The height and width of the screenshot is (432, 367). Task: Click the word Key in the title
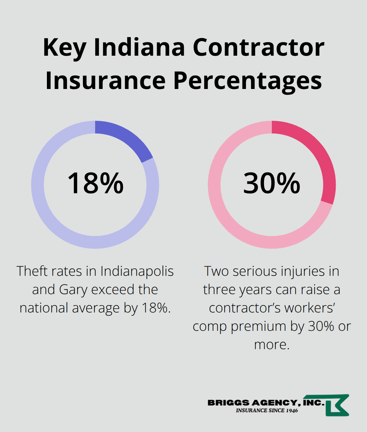click(x=64, y=48)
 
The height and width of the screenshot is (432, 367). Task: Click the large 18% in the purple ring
click(x=95, y=183)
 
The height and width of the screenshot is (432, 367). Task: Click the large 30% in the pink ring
click(x=272, y=183)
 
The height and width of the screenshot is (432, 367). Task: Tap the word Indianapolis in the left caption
click(x=137, y=271)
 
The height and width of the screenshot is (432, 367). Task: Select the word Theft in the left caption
click(x=32, y=271)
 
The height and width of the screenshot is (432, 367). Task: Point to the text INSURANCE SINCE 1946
click(x=267, y=411)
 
